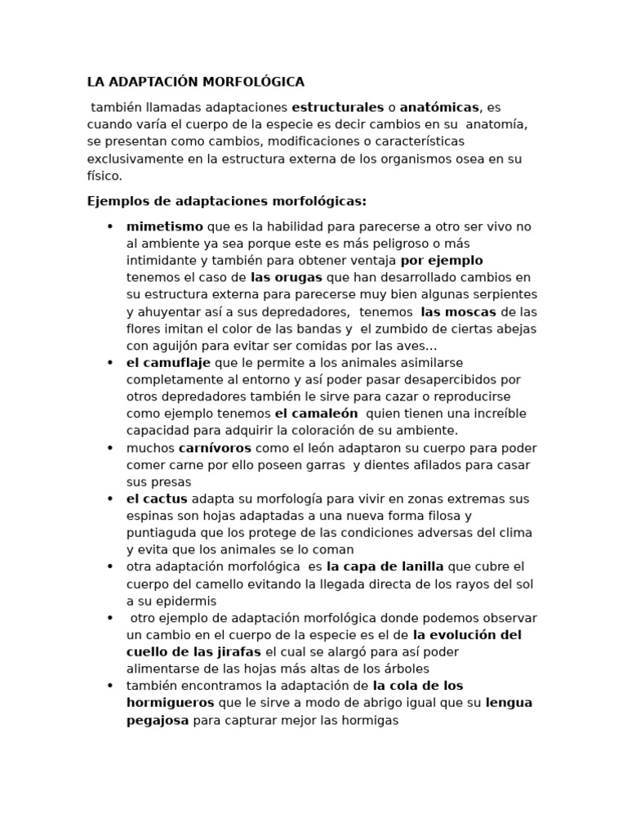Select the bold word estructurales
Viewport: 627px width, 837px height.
(337, 107)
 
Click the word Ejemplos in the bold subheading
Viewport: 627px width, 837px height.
(113, 201)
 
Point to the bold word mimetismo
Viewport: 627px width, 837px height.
(165, 226)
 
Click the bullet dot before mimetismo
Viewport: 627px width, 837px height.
(109, 226)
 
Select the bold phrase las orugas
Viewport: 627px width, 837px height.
(287, 277)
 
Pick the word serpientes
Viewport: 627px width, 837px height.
(506, 294)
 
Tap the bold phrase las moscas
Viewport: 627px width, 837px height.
(458, 311)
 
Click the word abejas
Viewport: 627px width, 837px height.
(517, 329)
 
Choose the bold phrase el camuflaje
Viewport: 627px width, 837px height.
(168, 362)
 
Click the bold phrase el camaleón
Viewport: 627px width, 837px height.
(317, 414)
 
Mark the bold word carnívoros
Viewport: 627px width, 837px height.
(216, 448)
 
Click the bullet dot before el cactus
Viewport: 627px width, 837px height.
(109, 499)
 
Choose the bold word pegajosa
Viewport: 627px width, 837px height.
(158, 720)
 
